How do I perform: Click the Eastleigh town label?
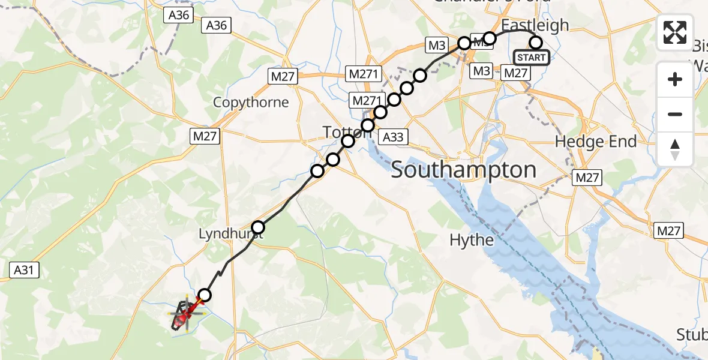click(535, 25)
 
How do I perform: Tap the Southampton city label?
click(463, 170)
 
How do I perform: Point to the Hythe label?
click(473, 241)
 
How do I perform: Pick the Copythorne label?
click(251, 102)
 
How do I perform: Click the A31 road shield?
click(24, 271)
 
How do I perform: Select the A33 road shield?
click(393, 137)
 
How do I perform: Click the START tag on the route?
click(531, 58)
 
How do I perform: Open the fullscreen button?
click(675, 32)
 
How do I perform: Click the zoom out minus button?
click(675, 114)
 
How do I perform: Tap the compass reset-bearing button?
click(675, 149)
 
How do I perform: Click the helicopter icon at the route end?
click(185, 314)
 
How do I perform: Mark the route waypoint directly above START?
click(536, 42)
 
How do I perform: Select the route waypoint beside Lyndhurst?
click(258, 227)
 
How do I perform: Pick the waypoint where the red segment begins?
click(205, 295)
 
